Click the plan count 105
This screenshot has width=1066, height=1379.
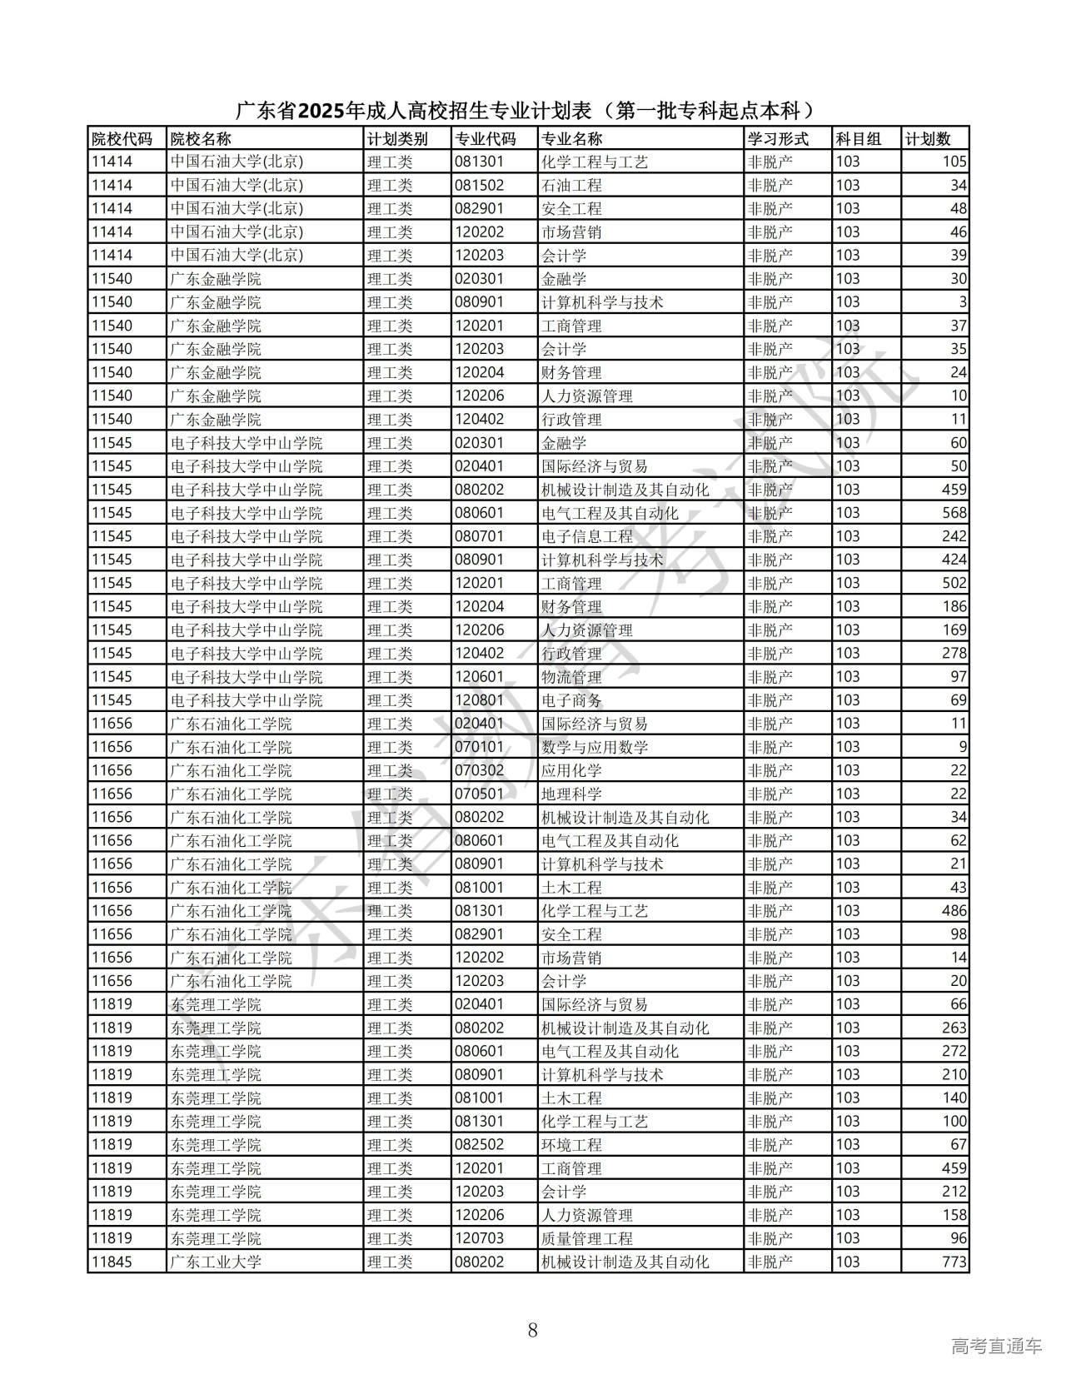click(954, 162)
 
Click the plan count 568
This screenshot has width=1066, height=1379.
click(954, 513)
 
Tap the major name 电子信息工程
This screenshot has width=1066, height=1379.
click(586, 536)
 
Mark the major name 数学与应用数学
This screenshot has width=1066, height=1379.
click(594, 747)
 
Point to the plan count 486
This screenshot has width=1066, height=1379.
click(954, 911)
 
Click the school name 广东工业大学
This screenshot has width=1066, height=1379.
click(216, 1262)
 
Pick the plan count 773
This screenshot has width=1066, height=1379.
click(954, 1262)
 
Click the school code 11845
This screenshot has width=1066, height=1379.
click(112, 1262)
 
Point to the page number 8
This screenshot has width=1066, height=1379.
click(533, 1330)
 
